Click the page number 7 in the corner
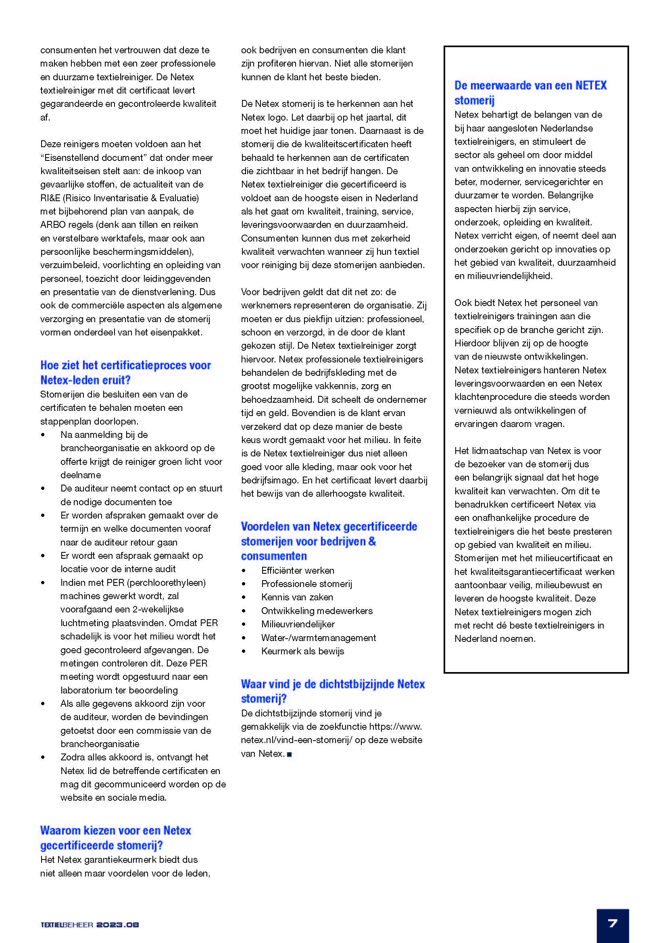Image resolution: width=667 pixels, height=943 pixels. point(613,924)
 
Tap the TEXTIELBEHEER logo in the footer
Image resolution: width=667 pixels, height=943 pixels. point(67,925)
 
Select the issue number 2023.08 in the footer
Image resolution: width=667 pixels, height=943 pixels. point(118,925)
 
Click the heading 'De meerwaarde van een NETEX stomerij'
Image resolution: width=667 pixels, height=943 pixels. point(530,92)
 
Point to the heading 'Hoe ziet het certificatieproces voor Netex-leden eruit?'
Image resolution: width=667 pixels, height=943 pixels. point(125,372)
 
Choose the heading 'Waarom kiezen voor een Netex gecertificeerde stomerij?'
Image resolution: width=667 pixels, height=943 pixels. point(115,837)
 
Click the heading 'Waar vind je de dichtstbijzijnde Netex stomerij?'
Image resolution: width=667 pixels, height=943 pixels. point(332,691)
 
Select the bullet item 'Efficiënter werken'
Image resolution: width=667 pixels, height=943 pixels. point(297,570)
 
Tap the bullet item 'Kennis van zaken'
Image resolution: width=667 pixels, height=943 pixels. point(297,597)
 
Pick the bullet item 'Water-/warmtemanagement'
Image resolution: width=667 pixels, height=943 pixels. point(318,638)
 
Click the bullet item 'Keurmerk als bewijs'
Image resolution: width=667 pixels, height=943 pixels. point(302,651)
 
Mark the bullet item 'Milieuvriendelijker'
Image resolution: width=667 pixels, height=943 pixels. point(298,624)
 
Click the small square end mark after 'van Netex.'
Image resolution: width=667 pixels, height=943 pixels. point(289,754)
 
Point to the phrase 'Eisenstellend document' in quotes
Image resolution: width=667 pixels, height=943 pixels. point(94,158)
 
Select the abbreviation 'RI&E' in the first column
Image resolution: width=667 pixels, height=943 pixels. point(50,198)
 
